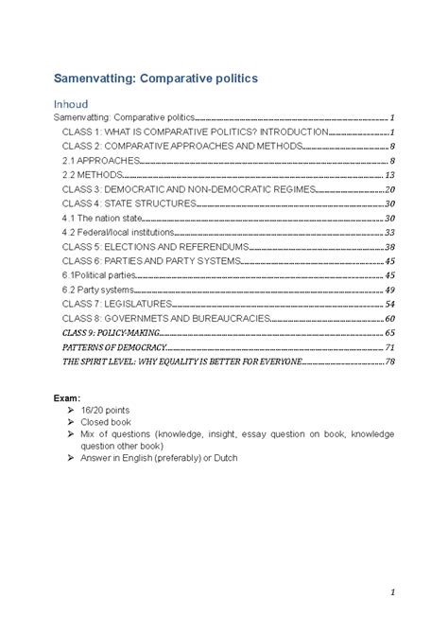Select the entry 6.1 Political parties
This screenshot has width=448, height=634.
103,275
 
